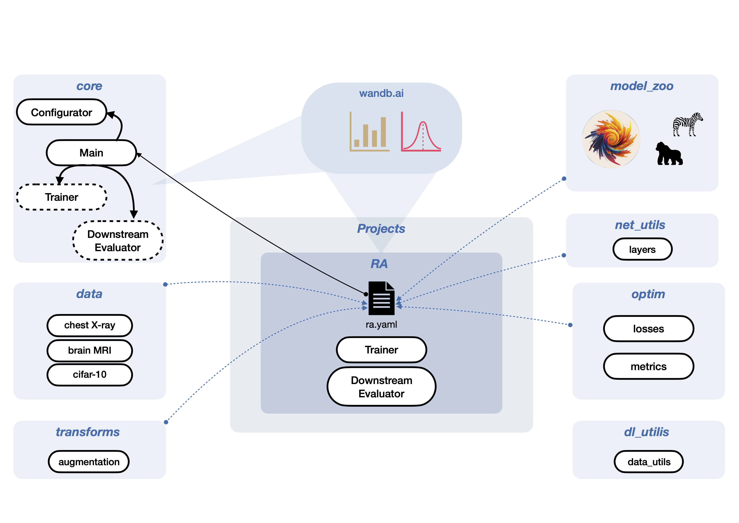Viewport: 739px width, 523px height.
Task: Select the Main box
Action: (x=91, y=153)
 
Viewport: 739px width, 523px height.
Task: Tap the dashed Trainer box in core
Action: (x=62, y=197)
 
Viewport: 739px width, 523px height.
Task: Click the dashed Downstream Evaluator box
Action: (x=118, y=241)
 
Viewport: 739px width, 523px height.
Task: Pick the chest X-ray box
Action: (x=90, y=325)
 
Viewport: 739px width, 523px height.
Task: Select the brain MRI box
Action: (x=90, y=350)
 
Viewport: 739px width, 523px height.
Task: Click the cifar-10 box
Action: (x=90, y=375)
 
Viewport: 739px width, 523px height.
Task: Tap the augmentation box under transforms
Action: (x=89, y=462)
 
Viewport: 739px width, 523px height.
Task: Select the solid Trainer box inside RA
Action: (x=381, y=350)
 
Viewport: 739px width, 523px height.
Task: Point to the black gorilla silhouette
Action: (x=669, y=154)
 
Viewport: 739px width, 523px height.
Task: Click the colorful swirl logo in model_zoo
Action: (x=611, y=139)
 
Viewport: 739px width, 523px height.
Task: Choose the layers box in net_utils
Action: (x=642, y=249)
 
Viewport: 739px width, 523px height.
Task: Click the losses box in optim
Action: (x=648, y=329)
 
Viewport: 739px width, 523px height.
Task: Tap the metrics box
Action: (x=648, y=367)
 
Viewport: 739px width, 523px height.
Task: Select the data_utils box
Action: (x=649, y=462)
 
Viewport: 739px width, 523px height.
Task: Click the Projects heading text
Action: (x=381, y=229)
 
